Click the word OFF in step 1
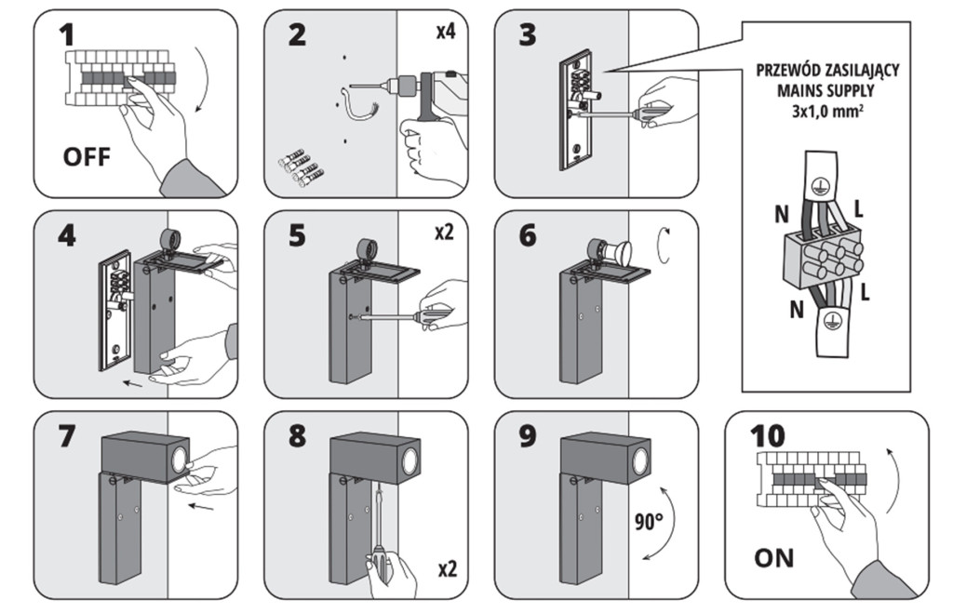tap(87, 155)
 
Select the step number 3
tap(528, 35)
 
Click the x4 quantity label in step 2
tap(445, 33)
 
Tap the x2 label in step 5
tap(445, 233)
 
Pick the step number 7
tap(66, 436)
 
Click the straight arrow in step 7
tap(200, 507)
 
